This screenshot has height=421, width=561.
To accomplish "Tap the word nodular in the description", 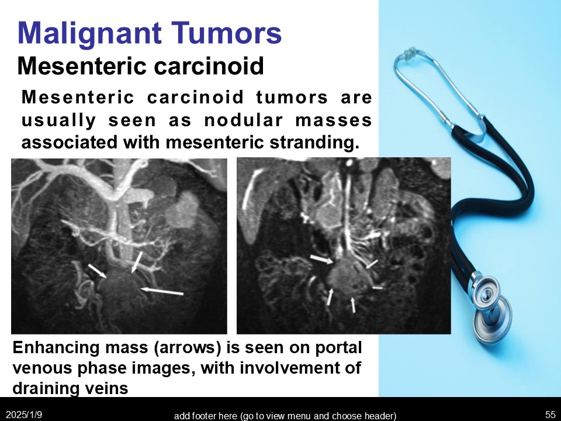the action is coord(243,120).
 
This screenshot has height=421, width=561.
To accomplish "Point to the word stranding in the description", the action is coord(314,143).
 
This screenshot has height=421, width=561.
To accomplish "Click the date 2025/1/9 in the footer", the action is coord(24,415).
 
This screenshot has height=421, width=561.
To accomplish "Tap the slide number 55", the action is coord(550,415).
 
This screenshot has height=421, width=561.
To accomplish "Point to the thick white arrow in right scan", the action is coord(321,259).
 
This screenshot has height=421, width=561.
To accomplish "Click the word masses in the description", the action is coord(334,120).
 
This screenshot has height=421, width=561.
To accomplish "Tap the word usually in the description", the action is coord(58,120).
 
